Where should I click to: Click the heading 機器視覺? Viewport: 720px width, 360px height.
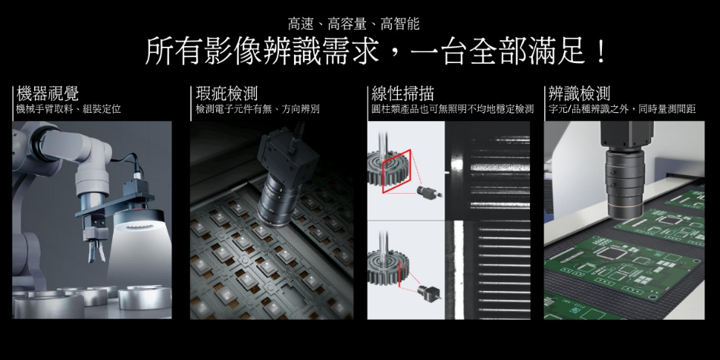pyautogui.click(x=48, y=94)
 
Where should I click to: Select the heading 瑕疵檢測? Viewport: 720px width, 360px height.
pyautogui.click(x=226, y=94)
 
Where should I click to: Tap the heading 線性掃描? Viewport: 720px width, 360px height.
pyautogui.click(x=403, y=94)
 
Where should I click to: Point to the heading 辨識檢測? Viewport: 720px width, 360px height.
pyautogui.click(x=580, y=94)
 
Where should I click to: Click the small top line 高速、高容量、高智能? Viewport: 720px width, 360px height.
pyautogui.click(x=353, y=24)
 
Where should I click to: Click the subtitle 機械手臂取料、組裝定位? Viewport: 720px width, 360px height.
pyautogui.click(x=68, y=109)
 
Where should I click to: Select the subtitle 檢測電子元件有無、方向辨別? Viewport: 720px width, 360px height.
pyautogui.click(x=258, y=109)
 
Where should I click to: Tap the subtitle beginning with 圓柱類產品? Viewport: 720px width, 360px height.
pyautogui.click(x=452, y=109)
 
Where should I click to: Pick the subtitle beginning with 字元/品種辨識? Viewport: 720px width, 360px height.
pyautogui.click(x=622, y=109)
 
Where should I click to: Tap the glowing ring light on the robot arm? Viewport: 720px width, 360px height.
pyautogui.click(x=139, y=220)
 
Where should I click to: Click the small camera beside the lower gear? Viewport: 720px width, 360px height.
pyautogui.click(x=429, y=292)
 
